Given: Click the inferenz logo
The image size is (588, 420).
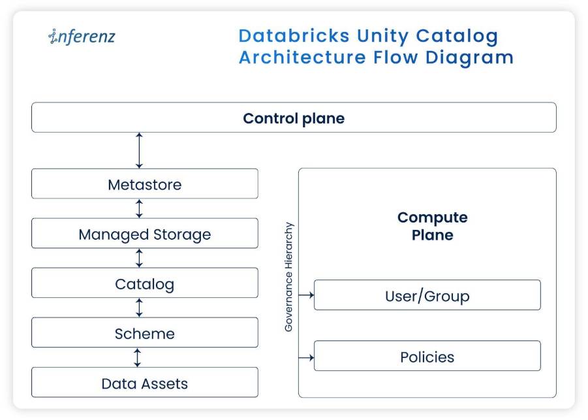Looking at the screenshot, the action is [x=82, y=37].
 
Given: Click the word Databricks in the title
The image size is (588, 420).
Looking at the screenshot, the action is [x=294, y=36].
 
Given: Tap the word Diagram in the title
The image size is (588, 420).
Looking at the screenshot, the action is [x=469, y=58].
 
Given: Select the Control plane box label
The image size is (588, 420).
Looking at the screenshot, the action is [x=294, y=118].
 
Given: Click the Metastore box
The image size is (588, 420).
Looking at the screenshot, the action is [x=145, y=184].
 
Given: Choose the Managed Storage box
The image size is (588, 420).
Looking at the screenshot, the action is [x=145, y=233].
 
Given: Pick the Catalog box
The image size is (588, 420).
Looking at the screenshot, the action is [x=145, y=283].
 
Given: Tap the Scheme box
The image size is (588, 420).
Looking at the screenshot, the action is [x=145, y=332].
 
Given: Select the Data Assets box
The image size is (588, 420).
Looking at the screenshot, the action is [x=145, y=382].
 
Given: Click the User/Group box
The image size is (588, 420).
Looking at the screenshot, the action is [x=427, y=295].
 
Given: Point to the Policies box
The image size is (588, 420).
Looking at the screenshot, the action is [x=427, y=356].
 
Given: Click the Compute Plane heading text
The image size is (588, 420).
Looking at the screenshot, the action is [x=433, y=226].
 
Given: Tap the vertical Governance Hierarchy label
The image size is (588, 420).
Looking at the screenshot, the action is [x=288, y=277].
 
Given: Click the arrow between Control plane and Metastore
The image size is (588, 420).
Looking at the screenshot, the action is [x=139, y=150].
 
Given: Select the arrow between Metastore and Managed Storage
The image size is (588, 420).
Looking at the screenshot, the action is [x=139, y=208].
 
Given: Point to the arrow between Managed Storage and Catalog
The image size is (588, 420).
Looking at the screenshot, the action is [x=139, y=258].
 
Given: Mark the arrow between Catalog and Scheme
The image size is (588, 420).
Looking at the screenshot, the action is [x=139, y=308].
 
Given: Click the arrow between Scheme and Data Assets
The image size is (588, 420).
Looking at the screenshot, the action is [x=137, y=357].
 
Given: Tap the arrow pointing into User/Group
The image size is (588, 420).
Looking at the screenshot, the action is [x=306, y=295].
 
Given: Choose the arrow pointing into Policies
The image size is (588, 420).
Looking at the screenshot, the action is [x=306, y=357].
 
